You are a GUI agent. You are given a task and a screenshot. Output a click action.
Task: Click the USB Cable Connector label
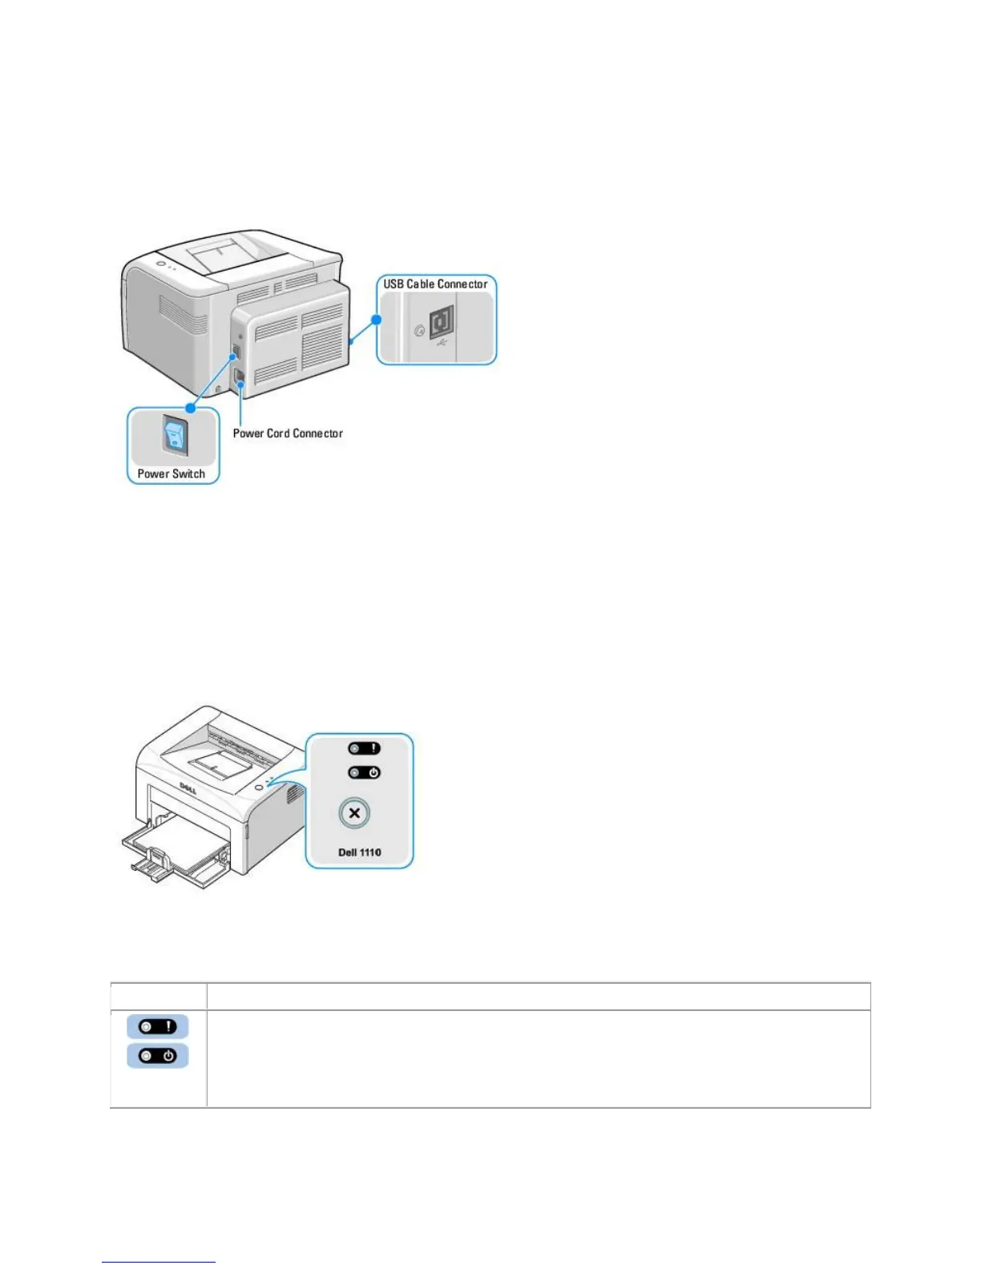tap(435, 284)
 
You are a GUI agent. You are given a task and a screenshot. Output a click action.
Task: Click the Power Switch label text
tap(172, 473)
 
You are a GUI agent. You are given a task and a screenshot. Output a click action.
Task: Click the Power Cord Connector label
tap(288, 433)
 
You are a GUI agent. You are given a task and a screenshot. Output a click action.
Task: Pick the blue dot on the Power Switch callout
tap(191, 408)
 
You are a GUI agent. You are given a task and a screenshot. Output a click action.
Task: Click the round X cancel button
tap(354, 813)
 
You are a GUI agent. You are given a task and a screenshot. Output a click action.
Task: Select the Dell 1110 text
tap(360, 852)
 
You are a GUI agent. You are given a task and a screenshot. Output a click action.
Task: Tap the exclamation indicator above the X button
tap(364, 748)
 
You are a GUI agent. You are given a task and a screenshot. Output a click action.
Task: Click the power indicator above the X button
tap(364, 773)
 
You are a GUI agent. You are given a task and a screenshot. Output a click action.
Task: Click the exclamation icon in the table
tap(158, 1026)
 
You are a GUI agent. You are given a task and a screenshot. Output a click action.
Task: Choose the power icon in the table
tap(158, 1056)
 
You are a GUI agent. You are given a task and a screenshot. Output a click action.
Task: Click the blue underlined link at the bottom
tap(159, 1262)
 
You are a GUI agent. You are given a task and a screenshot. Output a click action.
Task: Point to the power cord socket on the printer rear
tap(239, 377)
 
